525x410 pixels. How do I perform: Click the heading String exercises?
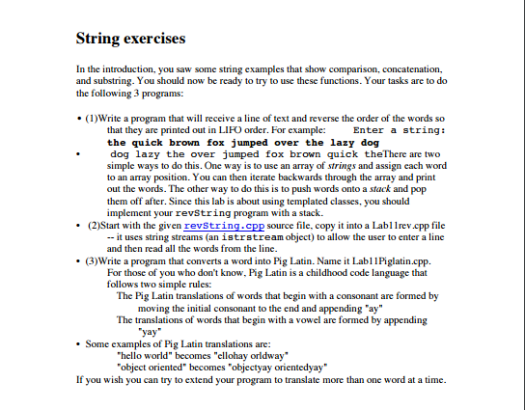pyautogui.click(x=130, y=40)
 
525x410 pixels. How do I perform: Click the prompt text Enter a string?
pyautogui.click(x=400, y=127)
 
